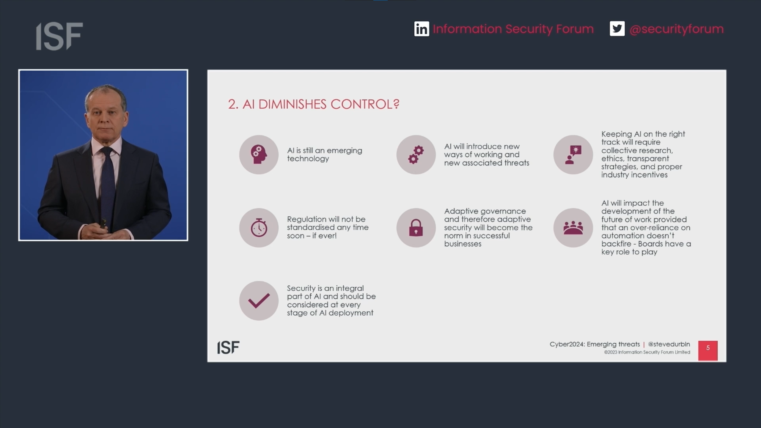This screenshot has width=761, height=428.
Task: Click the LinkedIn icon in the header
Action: [x=422, y=29]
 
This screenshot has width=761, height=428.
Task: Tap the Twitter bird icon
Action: [x=617, y=29]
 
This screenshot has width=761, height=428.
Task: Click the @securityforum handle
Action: [x=677, y=29]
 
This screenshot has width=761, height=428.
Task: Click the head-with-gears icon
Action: [x=259, y=155]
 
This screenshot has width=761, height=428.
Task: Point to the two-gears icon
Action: [x=416, y=155]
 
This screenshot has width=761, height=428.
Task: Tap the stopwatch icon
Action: [x=259, y=228]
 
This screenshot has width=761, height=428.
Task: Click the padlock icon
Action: [x=416, y=228]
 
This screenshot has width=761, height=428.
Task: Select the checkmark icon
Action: [x=259, y=300]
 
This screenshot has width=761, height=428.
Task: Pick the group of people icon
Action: [x=573, y=228]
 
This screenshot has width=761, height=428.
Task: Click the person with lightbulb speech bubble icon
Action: [x=573, y=155]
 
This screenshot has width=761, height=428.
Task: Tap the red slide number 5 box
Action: [x=708, y=350]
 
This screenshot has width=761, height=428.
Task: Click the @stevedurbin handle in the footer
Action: [x=669, y=344]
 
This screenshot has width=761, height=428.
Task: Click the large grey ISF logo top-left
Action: [x=59, y=36]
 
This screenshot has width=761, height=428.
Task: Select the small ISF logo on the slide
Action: [x=228, y=347]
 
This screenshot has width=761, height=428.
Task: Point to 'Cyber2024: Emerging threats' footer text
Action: [x=595, y=344]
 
